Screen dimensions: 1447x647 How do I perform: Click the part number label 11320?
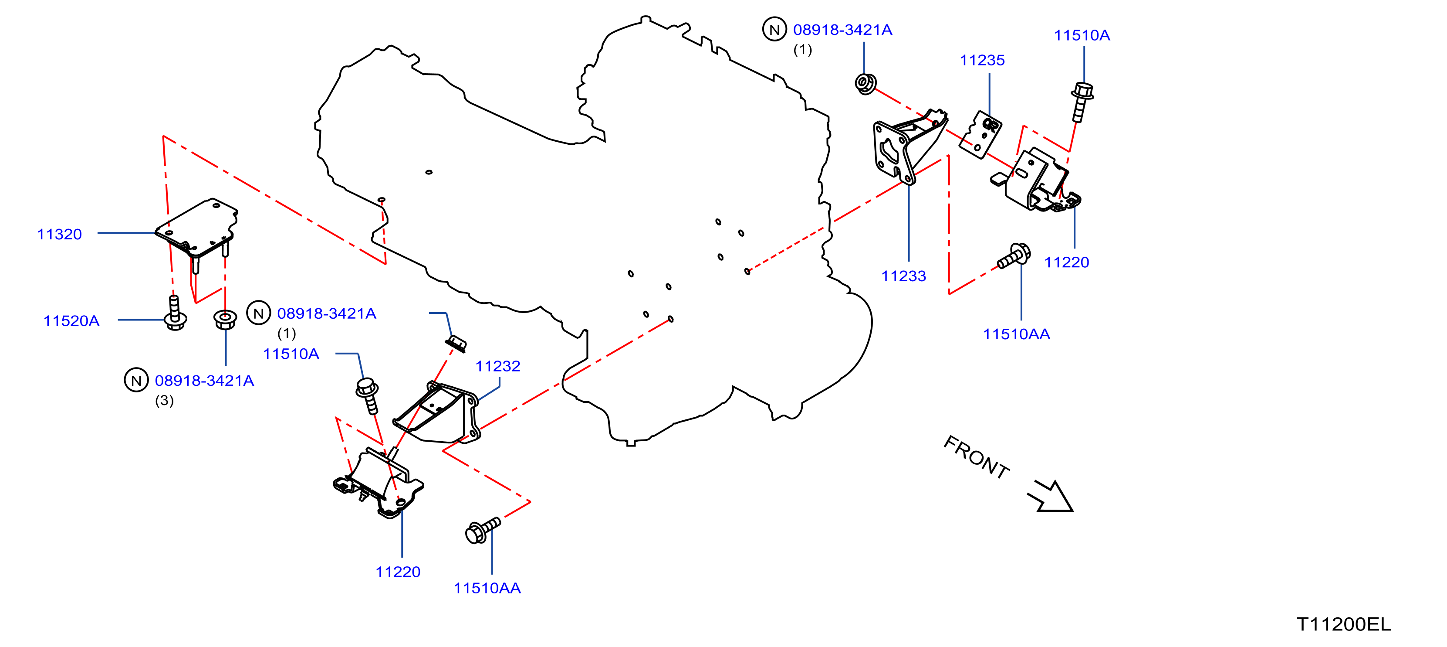pyautogui.click(x=60, y=235)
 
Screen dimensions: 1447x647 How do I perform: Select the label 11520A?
pyautogui.click(x=71, y=321)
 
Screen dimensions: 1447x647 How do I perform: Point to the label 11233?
pyautogui.click(x=903, y=276)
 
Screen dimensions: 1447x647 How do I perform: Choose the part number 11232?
pyautogui.click(x=498, y=367)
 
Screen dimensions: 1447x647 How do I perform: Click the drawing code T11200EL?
pyautogui.click(x=1344, y=624)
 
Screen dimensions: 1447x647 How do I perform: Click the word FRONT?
pyautogui.click(x=976, y=457)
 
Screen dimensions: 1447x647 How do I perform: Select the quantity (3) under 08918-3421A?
pyautogui.click(x=165, y=400)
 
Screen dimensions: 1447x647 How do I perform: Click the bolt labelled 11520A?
pyautogui.click(x=175, y=313)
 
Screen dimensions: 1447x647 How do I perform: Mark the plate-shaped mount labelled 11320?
pyautogui.click(x=196, y=231)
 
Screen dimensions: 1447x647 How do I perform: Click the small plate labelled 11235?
pyautogui.click(x=980, y=135)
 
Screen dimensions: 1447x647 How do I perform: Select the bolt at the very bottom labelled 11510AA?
pyautogui.click(x=483, y=530)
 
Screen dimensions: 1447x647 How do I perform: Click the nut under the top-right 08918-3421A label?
pyautogui.click(x=865, y=84)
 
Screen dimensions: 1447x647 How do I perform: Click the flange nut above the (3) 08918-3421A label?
pyautogui.click(x=225, y=319)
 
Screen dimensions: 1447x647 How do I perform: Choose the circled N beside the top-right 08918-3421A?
pyautogui.click(x=774, y=29)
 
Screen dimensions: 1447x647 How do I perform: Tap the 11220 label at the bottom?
pyautogui.click(x=398, y=572)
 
